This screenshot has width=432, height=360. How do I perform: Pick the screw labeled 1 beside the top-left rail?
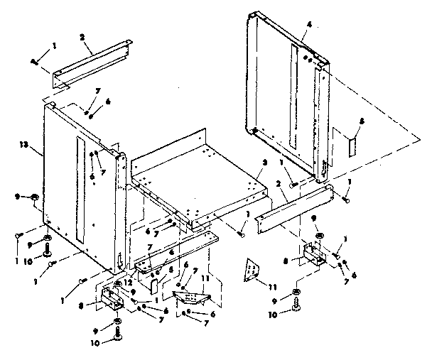click(x=36, y=62)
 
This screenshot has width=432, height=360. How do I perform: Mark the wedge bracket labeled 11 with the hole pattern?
click(x=190, y=296)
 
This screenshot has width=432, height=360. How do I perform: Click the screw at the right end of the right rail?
click(x=345, y=200)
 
